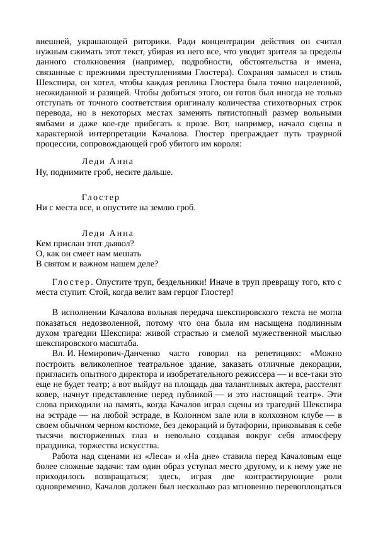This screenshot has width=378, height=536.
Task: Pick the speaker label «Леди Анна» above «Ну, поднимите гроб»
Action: [108, 162]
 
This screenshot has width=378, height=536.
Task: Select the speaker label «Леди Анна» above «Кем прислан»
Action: [108, 233]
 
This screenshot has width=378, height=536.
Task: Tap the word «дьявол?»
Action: [119, 243]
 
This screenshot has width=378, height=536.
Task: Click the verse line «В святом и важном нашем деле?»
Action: [97, 263]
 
